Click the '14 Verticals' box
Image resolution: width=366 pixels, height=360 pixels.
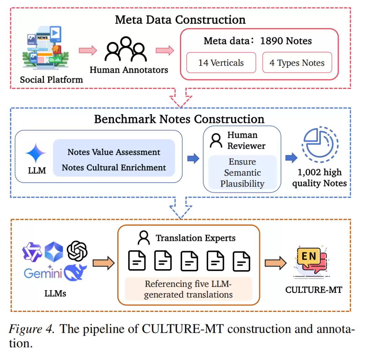(x=221, y=63)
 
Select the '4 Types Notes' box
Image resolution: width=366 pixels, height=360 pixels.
(x=297, y=63)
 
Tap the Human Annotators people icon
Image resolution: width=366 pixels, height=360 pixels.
(x=126, y=49)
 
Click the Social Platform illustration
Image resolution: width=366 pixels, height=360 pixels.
(x=45, y=48)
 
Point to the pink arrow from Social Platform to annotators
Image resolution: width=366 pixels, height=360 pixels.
(x=88, y=50)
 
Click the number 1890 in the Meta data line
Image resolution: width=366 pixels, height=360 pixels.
(x=271, y=41)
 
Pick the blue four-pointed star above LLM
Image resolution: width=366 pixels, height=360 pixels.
(x=36, y=153)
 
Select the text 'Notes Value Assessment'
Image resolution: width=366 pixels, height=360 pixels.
(x=114, y=152)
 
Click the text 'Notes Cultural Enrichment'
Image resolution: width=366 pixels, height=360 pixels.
(x=114, y=167)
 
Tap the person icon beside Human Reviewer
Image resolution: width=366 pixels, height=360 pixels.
(x=216, y=141)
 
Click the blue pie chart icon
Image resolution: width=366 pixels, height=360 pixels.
(x=320, y=144)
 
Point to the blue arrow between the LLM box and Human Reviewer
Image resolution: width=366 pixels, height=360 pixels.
(x=193, y=159)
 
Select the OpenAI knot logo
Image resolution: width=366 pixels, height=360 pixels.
(x=77, y=251)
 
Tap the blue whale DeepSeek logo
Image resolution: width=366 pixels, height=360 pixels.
(x=75, y=273)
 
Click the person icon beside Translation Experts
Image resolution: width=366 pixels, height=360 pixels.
(x=144, y=238)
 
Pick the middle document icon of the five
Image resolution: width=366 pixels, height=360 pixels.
(x=189, y=261)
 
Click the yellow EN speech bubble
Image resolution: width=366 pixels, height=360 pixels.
(x=309, y=257)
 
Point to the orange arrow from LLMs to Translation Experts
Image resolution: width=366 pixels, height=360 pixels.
(x=104, y=263)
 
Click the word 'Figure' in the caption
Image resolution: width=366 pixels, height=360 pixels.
(x=26, y=329)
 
